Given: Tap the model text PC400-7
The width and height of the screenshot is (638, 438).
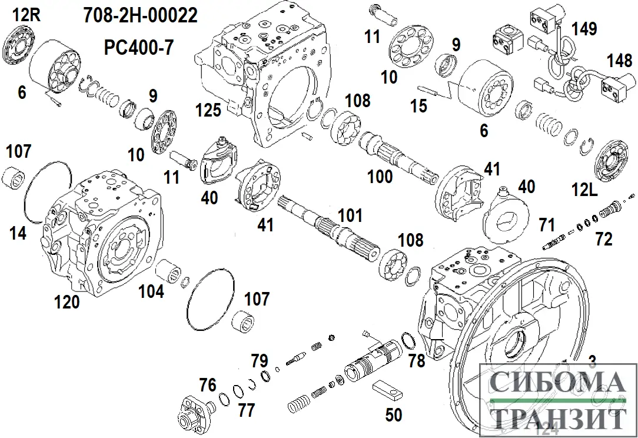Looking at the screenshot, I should (139, 47).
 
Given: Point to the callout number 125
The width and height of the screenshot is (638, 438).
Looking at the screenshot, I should (210, 110).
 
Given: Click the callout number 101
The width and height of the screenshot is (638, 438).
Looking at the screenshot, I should (351, 216).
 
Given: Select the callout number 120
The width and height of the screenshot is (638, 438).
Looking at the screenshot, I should (67, 303).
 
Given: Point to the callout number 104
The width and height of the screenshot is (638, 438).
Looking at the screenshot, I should (151, 291).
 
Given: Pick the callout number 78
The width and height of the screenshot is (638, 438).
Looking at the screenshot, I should (417, 360).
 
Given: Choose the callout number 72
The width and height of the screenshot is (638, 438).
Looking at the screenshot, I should (604, 238).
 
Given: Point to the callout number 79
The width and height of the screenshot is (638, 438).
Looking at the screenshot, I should (260, 360).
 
